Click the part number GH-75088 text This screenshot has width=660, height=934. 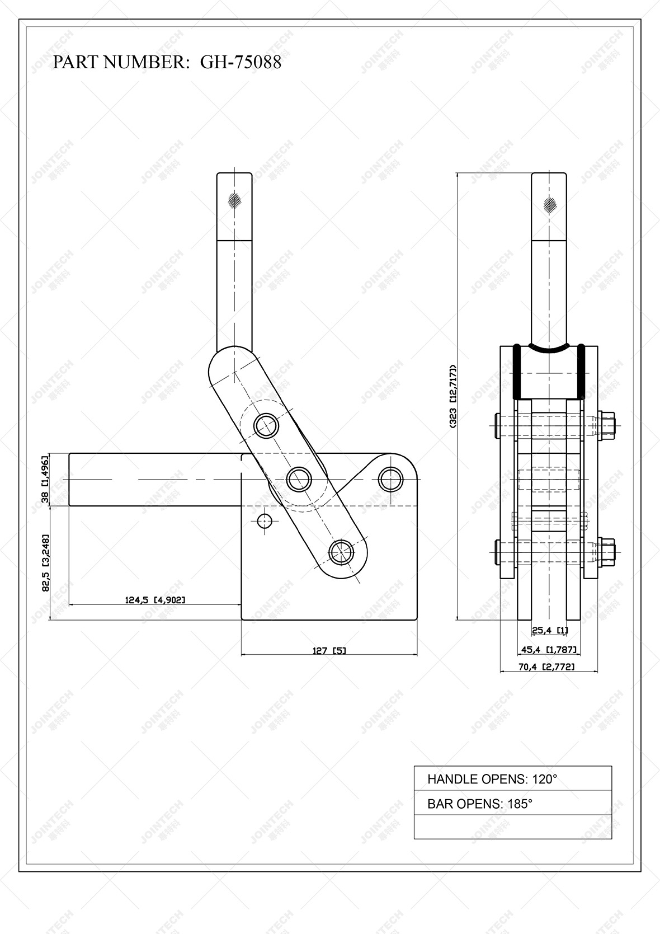point(241,62)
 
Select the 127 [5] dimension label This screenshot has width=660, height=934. point(329,651)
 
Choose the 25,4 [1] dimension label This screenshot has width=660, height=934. point(549,631)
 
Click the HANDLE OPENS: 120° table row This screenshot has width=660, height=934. point(512,778)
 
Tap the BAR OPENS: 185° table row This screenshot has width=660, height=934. point(512,804)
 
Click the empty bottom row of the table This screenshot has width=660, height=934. point(512,827)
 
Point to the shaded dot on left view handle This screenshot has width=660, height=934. point(235,199)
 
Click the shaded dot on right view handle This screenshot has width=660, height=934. point(550,205)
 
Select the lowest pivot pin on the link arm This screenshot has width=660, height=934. point(341,552)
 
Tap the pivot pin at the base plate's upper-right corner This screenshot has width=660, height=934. point(390,478)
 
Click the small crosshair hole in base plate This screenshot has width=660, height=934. point(264,521)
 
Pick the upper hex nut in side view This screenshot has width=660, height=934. point(606,425)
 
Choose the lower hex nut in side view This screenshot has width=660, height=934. point(606,551)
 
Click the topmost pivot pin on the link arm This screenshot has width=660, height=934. point(267,426)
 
